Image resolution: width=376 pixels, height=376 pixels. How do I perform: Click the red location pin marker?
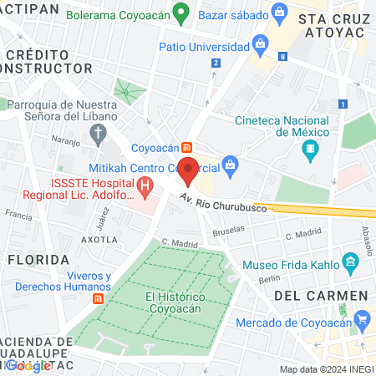189,170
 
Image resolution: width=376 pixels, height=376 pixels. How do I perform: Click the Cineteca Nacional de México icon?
311,151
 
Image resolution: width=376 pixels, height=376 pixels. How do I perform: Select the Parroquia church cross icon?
99,132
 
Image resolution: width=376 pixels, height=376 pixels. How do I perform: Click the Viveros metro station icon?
99,298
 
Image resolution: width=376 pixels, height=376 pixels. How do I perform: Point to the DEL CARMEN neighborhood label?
321,296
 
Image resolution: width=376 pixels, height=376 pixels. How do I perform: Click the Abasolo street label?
366,241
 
